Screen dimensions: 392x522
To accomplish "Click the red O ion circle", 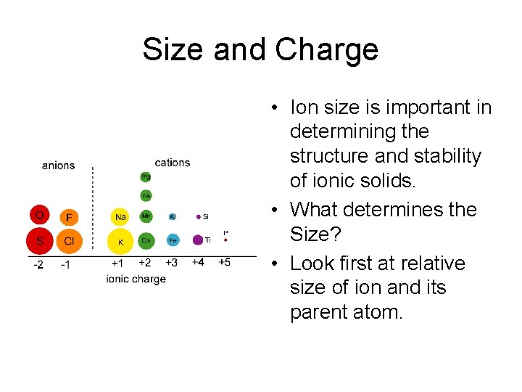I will (40, 215).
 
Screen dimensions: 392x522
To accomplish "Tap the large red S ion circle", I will (40, 240).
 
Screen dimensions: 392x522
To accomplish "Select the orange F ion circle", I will (69, 216).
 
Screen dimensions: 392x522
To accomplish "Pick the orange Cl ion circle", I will (69, 240).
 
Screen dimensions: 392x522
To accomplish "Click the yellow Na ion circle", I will (120, 216).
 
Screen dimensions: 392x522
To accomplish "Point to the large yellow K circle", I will (120, 241).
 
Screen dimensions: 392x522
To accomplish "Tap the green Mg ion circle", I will (146, 176).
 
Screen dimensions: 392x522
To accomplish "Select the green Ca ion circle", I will (146, 240).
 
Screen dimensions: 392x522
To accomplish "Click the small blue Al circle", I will (173, 216).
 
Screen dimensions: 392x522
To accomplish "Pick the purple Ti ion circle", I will (198, 240).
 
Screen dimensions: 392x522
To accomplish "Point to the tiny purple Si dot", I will (198, 216).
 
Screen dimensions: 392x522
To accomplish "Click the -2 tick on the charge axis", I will (38, 264).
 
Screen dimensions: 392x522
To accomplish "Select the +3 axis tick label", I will (171, 262).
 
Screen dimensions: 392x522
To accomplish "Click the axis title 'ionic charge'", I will (136, 279).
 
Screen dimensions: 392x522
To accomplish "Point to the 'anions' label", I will (58, 166).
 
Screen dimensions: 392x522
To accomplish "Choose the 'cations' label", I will (173, 163).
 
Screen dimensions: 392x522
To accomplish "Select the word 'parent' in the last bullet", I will (319, 314).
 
